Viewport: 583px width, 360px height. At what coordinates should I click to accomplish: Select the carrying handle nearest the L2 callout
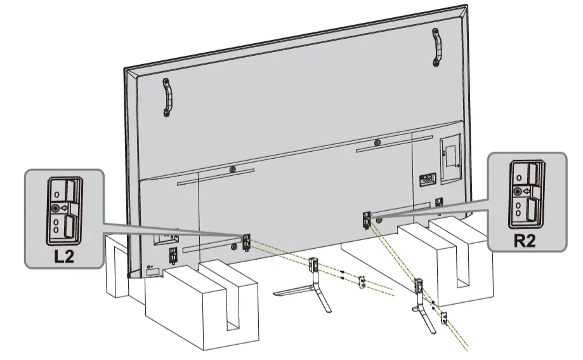coord(167,97)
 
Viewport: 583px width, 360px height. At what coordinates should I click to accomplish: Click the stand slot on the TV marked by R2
coord(366,220)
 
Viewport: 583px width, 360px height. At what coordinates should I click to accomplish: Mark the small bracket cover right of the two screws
coord(362,281)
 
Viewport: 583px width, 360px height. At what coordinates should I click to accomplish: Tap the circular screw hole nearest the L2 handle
coord(233,170)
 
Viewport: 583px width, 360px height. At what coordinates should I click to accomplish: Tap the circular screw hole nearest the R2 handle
coord(377,142)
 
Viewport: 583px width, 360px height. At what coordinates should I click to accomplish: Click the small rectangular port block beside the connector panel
coord(427,179)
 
